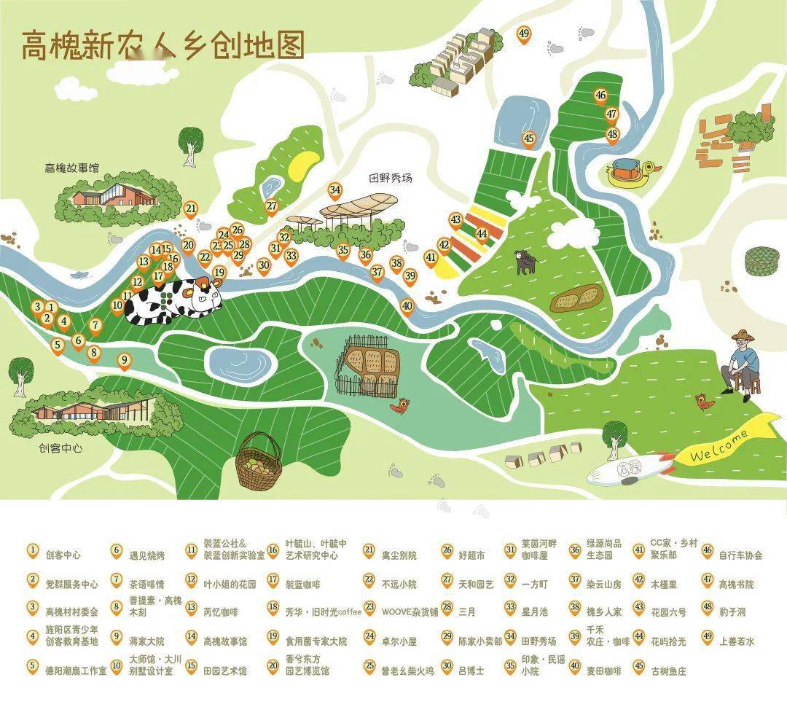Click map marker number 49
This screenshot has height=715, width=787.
[524, 34]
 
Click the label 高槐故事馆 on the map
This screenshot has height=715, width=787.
[71, 168]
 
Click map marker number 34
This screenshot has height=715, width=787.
[334, 191]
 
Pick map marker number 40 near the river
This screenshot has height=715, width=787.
[407, 306]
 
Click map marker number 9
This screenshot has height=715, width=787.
[124, 359]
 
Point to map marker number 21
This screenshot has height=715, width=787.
[191, 208]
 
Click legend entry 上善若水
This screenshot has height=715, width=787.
[737, 641]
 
